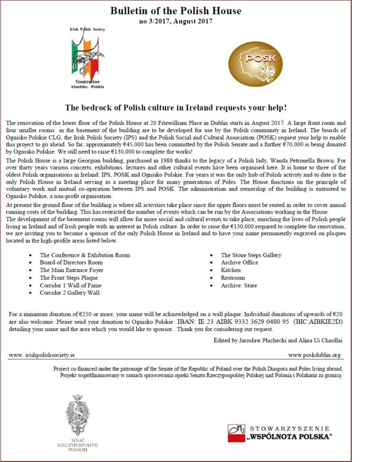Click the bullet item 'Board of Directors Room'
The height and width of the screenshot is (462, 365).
point(71,263)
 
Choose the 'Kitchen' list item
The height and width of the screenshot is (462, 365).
point(231,270)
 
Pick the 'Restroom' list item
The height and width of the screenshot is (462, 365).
point(233,278)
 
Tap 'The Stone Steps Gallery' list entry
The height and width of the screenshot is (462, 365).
point(251,255)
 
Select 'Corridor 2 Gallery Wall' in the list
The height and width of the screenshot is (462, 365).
point(70,293)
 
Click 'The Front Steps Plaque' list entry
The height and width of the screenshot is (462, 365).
point(69,278)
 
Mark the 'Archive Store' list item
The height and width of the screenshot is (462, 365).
point(239,285)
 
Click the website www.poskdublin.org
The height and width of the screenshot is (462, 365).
point(314,355)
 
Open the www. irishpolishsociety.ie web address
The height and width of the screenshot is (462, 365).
point(42,355)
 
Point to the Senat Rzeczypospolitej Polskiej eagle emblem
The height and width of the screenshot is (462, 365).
point(80,413)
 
